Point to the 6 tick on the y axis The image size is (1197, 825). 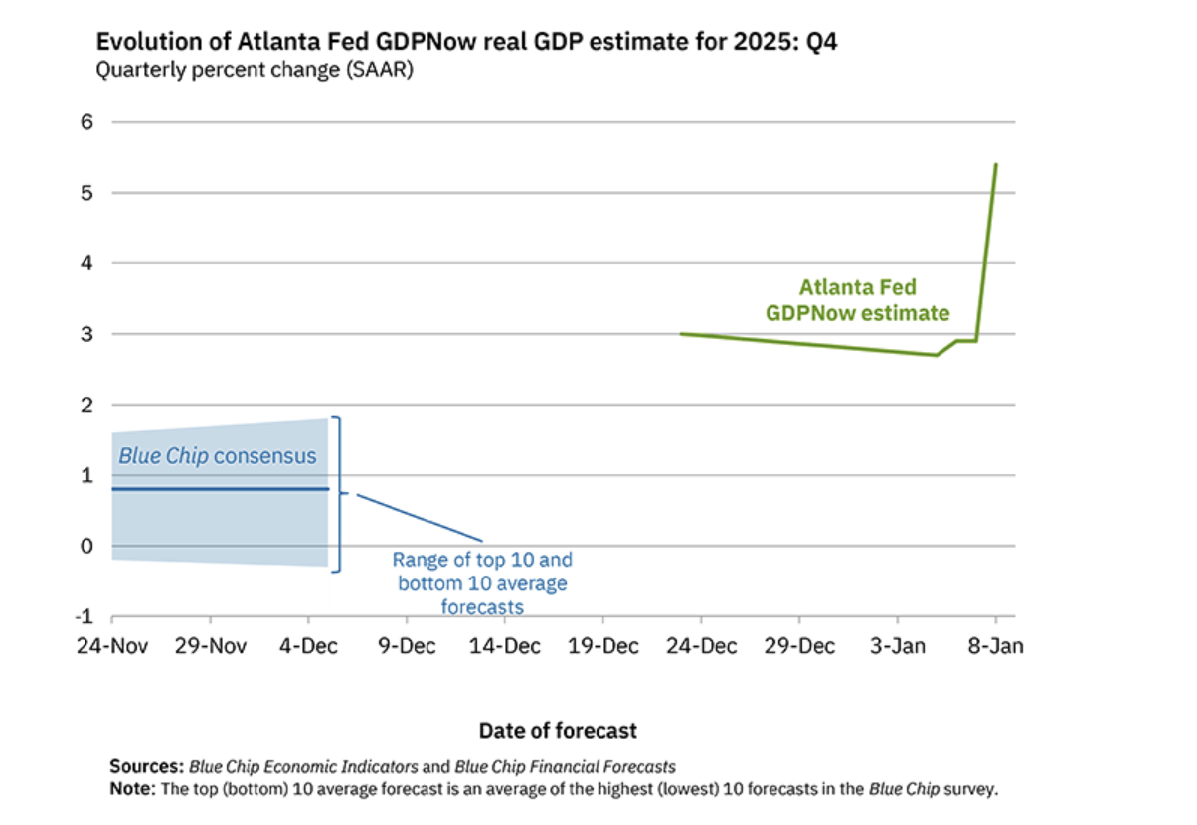tap(86, 122)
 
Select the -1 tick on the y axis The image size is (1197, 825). tap(83, 616)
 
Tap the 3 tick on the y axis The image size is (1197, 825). tap(86, 334)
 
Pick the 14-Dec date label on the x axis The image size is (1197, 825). tap(504, 646)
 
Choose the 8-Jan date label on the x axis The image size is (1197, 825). tap(996, 646)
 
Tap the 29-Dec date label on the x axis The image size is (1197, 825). tap(799, 646)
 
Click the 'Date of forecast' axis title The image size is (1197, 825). tap(558, 731)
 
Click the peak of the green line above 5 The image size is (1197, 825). tap(996, 165)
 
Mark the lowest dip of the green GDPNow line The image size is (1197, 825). tap(937, 355)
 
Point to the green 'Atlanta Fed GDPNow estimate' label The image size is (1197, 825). tap(857, 300)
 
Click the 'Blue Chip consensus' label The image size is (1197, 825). tap(217, 456)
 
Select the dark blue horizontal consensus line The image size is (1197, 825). tap(219, 489)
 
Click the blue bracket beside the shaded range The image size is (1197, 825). tap(338, 493)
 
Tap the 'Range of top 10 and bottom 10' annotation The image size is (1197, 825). tap(482, 583)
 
